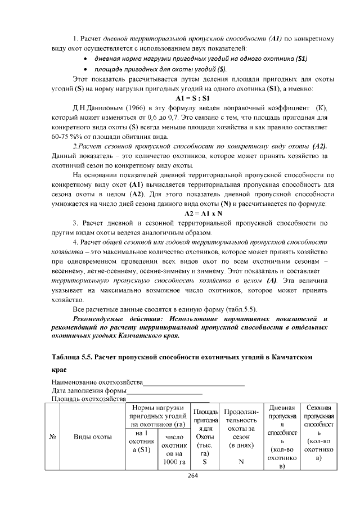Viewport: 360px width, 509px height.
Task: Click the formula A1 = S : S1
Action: pyautogui.click(x=193, y=98)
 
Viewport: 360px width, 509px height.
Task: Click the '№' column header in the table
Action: pyautogui.click(x=52, y=436)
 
